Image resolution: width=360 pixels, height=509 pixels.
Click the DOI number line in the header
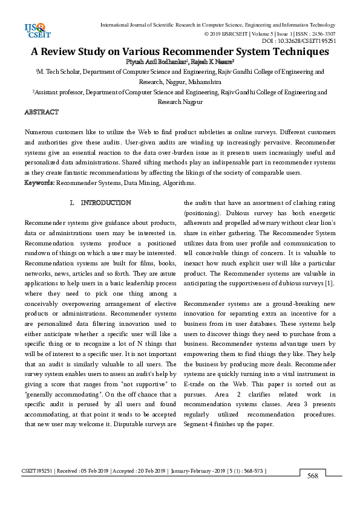pos(299,41)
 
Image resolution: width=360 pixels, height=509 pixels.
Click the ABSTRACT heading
pos(41,112)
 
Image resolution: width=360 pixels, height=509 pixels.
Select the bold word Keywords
pos(39,182)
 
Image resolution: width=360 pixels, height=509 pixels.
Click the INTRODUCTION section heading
pos(106,203)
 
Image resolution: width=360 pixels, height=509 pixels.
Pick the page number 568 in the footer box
pos(313,477)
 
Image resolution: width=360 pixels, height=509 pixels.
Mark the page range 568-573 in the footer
pos(250,471)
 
